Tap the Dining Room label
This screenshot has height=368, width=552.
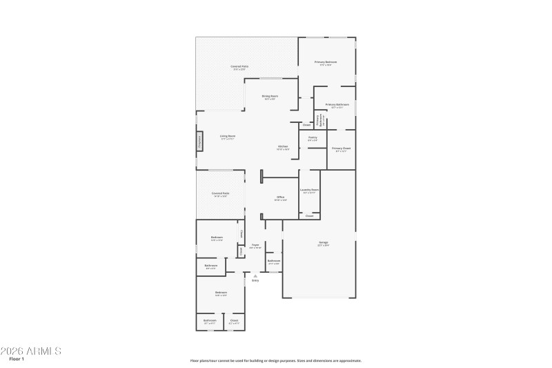coord(270,96)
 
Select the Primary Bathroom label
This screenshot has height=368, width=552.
coord(337,105)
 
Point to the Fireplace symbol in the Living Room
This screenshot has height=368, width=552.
coord(200,142)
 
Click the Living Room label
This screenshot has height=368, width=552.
coord(228,136)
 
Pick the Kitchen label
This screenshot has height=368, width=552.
coord(283,146)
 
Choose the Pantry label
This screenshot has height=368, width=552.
coord(313,137)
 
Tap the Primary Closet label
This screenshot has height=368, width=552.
coord(341,148)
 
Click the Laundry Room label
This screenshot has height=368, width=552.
coord(309,190)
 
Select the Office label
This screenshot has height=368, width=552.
coord(281,197)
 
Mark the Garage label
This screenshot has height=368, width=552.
coord(323,242)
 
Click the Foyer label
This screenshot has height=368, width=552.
coord(255,244)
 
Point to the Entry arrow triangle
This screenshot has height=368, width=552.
coord(255,275)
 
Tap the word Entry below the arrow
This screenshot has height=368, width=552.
coord(255,281)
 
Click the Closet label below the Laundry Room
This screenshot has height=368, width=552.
coord(309,216)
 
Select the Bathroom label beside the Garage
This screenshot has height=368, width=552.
coord(274,261)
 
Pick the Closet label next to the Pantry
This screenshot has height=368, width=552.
coord(306,125)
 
